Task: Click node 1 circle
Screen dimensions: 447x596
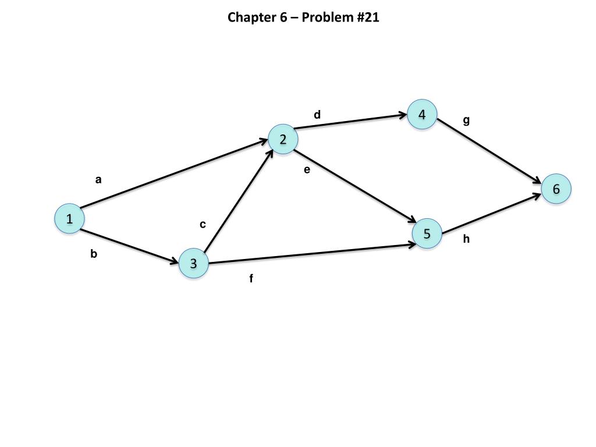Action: tap(69, 219)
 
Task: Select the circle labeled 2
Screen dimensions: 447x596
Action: tap(283, 140)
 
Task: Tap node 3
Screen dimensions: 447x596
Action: tap(193, 264)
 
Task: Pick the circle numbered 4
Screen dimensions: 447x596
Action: tap(422, 115)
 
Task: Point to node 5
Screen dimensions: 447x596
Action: tap(427, 234)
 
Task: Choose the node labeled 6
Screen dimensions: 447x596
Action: tap(556, 189)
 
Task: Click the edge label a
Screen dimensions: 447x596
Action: tap(98, 180)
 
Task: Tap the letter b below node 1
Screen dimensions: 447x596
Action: tap(94, 254)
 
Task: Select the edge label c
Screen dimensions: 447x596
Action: tap(203, 225)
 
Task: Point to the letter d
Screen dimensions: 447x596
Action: tap(317, 115)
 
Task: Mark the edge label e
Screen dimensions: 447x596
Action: tap(307, 170)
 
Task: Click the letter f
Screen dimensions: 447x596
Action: tap(251, 279)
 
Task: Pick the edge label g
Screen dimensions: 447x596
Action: tap(466, 121)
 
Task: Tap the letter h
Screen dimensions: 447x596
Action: tap(466, 239)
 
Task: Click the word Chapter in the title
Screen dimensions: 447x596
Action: tap(249, 17)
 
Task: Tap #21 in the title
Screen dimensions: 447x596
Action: tap(367, 17)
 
